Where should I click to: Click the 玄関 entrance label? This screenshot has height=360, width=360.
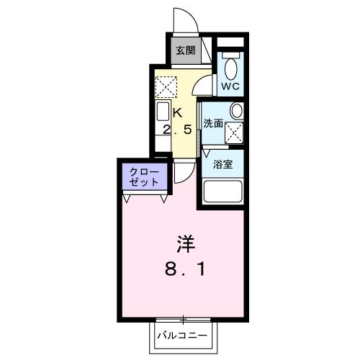click(x=185, y=50)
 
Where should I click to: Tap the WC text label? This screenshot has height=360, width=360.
click(x=230, y=86)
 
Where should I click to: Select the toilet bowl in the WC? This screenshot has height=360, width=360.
click(x=230, y=68)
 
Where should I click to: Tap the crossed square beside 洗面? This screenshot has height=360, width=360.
click(x=234, y=132)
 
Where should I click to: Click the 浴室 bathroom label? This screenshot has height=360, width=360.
click(x=222, y=164)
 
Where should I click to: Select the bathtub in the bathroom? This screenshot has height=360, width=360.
click(x=223, y=192)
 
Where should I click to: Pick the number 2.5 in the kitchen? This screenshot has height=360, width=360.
click(x=177, y=130)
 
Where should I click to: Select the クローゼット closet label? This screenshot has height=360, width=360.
click(x=144, y=176)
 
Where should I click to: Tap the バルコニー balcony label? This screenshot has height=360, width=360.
click(x=183, y=336)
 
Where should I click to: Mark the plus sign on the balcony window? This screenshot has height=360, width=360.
click(x=183, y=319)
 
